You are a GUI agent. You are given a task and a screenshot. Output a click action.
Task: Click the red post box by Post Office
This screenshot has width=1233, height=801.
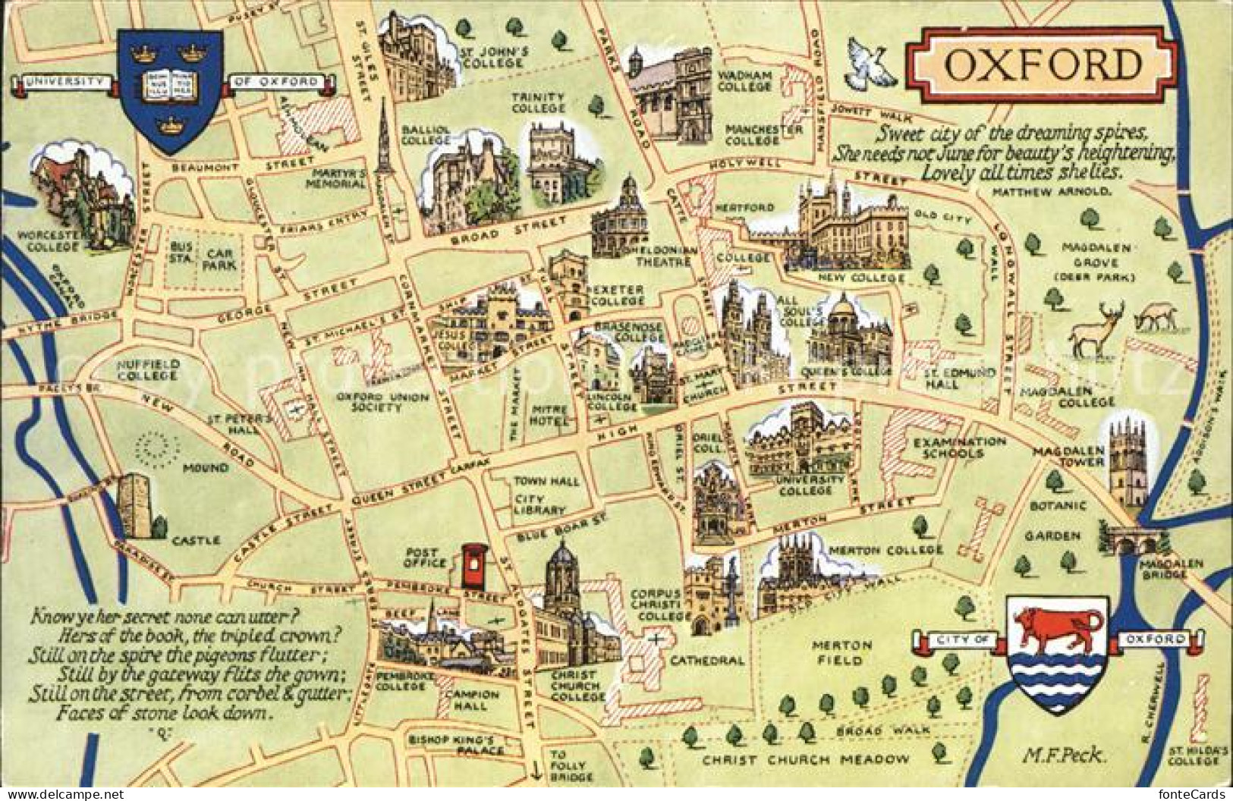tap(473, 566)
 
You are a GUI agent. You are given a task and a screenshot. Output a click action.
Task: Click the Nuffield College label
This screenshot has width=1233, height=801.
tap(149, 369)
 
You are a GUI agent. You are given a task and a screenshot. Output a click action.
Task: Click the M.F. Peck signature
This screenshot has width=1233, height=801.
tap(1063, 753)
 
